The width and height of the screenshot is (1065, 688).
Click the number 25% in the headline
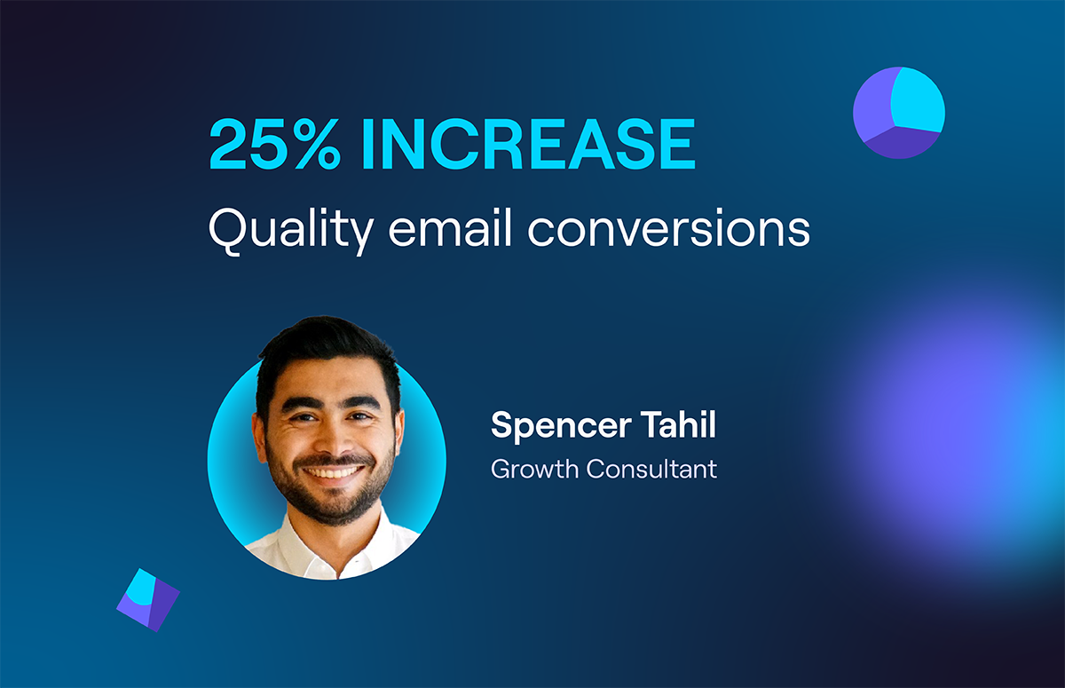(x=275, y=144)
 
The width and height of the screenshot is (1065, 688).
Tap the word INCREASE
(x=528, y=144)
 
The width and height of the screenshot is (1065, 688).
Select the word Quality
(x=291, y=230)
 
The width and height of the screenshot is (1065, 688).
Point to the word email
(x=450, y=227)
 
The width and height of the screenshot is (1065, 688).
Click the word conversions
(x=669, y=228)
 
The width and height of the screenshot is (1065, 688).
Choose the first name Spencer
(x=561, y=426)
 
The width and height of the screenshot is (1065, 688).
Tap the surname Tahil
(x=678, y=424)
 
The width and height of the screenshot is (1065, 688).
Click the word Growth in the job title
(x=534, y=469)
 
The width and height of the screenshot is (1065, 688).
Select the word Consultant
(x=651, y=469)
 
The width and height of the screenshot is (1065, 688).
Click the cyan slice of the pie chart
(x=918, y=99)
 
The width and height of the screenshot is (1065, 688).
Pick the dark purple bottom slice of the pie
(x=900, y=143)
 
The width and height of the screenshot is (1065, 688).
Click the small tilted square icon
(x=148, y=600)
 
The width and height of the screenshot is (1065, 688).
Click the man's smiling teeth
(x=333, y=472)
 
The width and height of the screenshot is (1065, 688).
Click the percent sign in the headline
(x=318, y=144)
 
